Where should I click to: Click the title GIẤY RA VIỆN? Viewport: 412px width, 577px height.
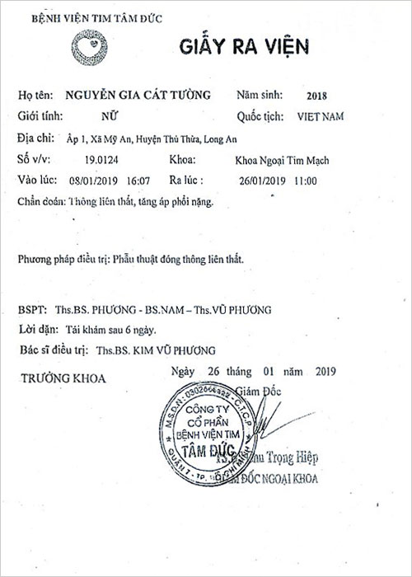pyautogui.click(x=244, y=46)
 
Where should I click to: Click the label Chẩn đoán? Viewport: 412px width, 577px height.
pyautogui.click(x=39, y=201)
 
